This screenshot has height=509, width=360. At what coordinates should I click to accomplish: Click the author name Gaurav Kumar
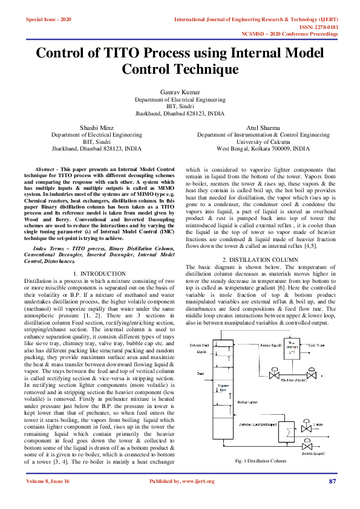point(179,91)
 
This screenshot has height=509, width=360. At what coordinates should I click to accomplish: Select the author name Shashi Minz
point(97,127)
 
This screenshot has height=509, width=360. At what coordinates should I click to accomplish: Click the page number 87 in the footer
point(332,481)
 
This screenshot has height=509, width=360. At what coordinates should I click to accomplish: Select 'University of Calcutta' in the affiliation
point(262,141)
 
